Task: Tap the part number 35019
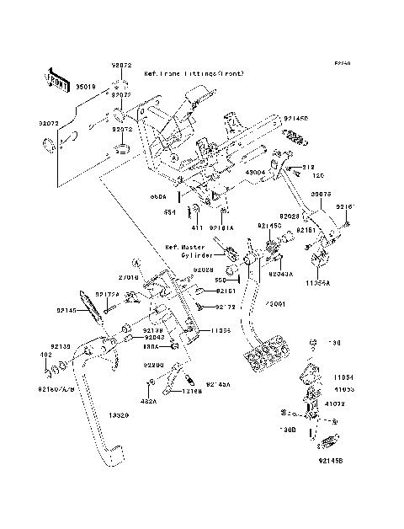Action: click(87, 86)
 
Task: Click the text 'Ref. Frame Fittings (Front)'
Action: click(194, 74)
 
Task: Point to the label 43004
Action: click(255, 172)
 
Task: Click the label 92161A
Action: click(222, 227)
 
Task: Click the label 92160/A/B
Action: click(56, 390)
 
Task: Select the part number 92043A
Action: click(281, 274)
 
